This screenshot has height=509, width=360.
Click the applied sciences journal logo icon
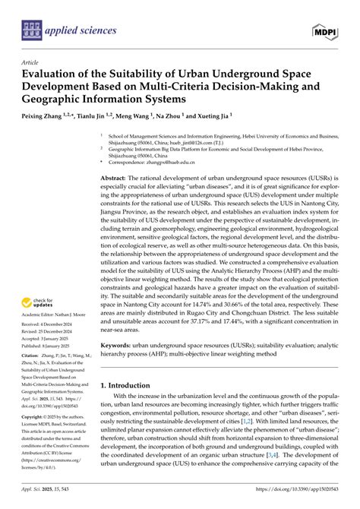31,30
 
